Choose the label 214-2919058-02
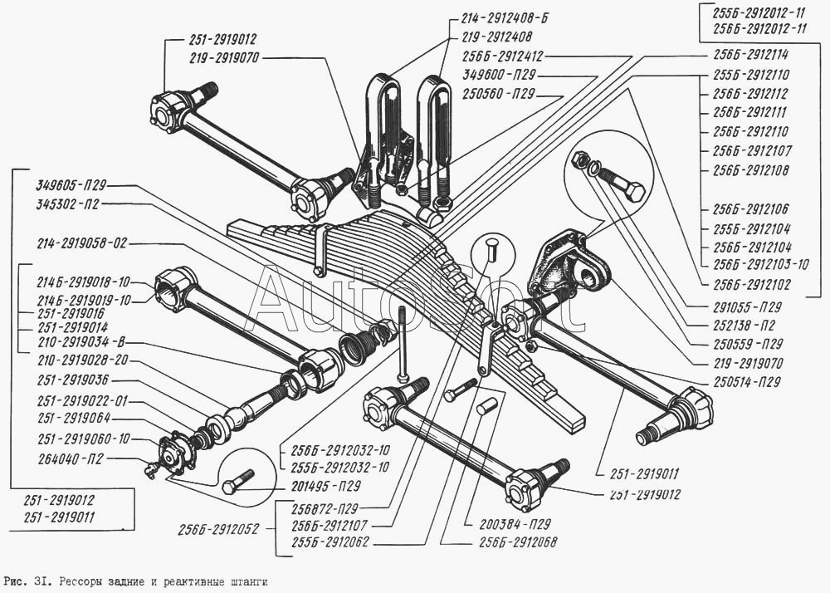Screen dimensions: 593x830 (81, 244)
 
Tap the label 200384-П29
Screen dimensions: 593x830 (515, 524)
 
